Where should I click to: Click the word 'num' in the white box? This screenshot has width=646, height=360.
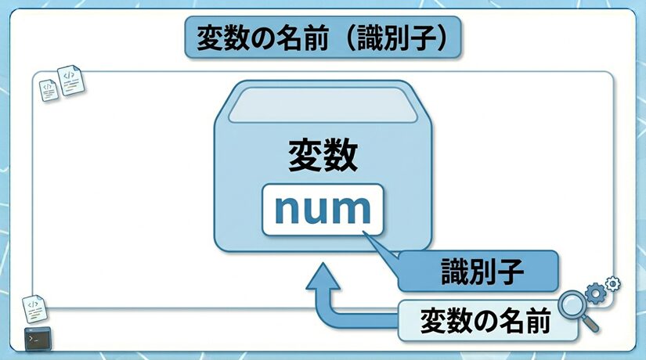323,209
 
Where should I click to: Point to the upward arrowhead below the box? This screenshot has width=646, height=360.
320,275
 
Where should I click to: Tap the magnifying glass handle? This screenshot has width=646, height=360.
592,323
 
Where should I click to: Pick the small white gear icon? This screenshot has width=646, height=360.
613,283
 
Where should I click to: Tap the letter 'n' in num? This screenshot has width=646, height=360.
288,211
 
